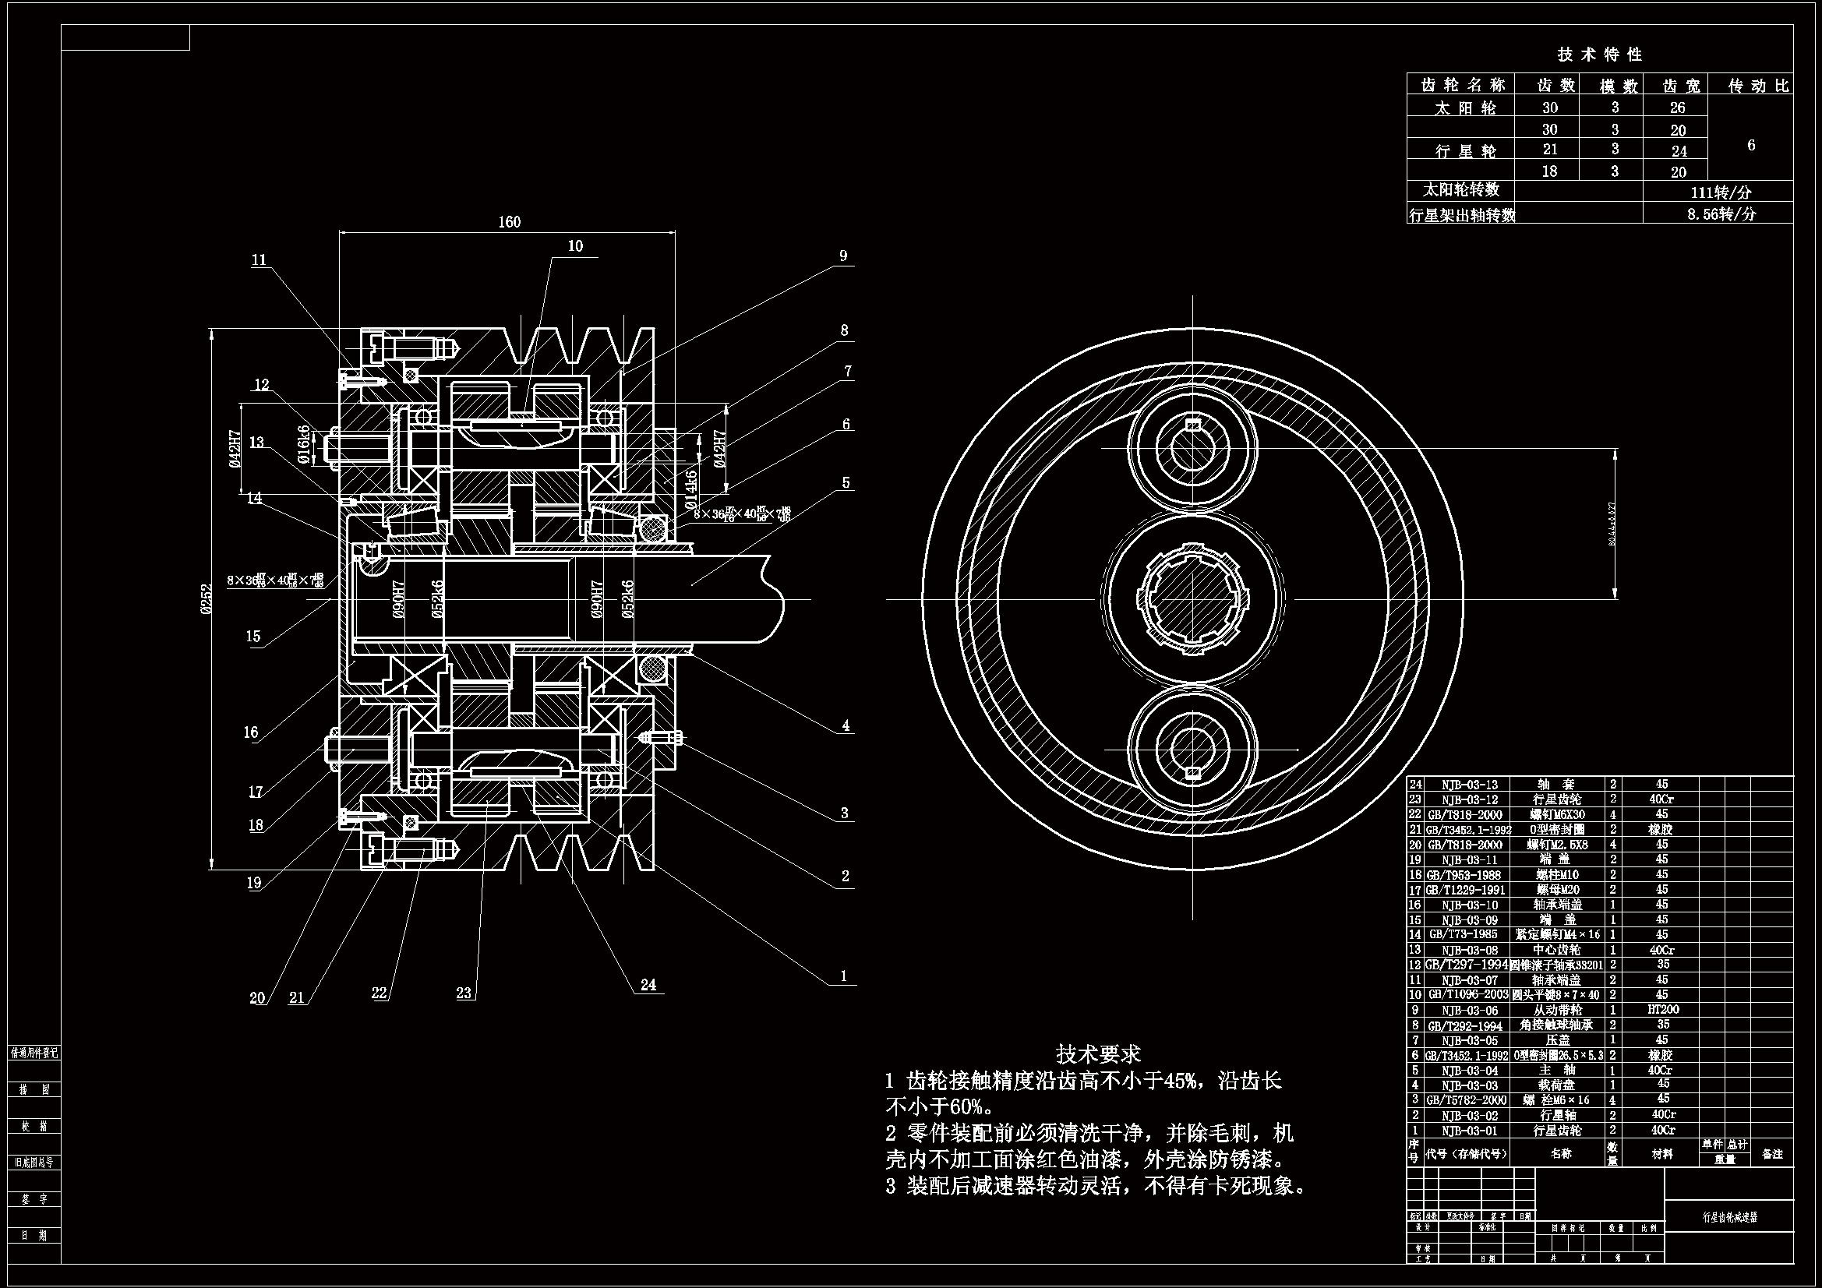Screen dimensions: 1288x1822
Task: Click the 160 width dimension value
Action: pyautogui.click(x=509, y=221)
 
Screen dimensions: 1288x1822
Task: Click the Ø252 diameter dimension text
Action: pyautogui.click(x=207, y=598)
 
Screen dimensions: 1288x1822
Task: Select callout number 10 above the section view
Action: pyautogui.click(x=575, y=246)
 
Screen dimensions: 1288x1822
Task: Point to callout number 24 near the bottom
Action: pyautogui.click(x=648, y=985)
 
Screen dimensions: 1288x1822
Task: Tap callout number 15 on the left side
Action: pyautogui.click(x=253, y=636)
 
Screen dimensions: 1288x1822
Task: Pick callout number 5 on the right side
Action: pyautogui.click(x=846, y=482)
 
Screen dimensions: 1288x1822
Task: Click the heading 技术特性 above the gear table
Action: pyautogui.click(x=1599, y=55)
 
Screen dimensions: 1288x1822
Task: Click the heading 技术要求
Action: pyautogui.click(x=1098, y=1054)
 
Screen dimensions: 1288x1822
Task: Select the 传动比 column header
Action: pyautogui.click(x=1760, y=86)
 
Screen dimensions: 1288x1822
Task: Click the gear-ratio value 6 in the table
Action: pyautogui.click(x=1751, y=145)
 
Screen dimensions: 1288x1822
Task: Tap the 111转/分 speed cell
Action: pyautogui.click(x=1721, y=192)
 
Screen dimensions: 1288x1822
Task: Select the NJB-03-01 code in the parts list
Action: pyautogui.click(x=1470, y=1131)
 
